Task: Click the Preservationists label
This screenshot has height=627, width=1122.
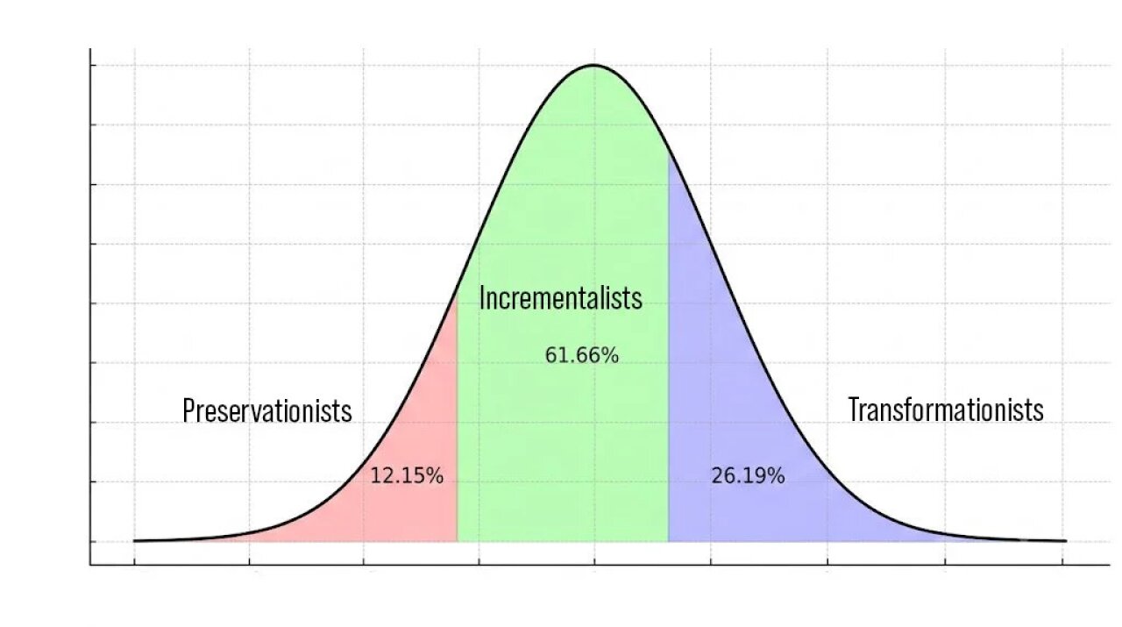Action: [267, 410]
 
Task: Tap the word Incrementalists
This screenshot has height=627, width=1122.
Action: [560, 297]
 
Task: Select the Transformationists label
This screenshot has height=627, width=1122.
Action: [946, 410]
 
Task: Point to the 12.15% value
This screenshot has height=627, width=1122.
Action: [407, 475]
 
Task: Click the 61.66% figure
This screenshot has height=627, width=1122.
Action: [581, 355]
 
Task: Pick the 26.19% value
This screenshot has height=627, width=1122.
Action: [748, 475]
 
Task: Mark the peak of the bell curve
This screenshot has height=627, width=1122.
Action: [593, 65]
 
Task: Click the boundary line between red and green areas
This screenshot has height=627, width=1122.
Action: [457, 418]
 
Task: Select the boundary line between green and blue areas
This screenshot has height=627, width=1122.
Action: [668, 348]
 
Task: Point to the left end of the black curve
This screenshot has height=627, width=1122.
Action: [134, 541]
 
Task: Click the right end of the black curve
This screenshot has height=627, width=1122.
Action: [1066, 541]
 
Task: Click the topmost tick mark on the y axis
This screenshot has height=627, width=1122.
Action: [93, 65]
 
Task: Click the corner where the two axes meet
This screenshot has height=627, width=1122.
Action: [90, 565]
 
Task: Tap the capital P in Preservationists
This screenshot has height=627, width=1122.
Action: [188, 410]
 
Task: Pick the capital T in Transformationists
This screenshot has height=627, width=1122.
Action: [853, 410]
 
